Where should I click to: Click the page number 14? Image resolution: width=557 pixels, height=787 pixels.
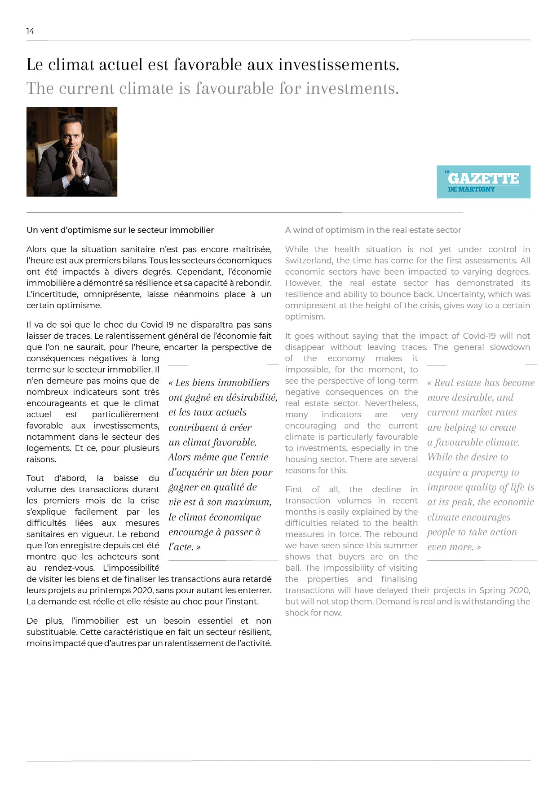30,31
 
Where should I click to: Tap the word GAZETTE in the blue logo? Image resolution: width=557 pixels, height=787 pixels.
483,178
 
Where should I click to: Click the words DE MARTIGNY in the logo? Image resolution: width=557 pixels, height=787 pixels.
471,189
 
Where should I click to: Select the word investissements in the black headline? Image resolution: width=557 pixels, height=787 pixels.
339,65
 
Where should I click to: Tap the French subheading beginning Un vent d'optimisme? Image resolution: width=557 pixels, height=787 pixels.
120,230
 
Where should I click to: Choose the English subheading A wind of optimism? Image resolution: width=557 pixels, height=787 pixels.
373,230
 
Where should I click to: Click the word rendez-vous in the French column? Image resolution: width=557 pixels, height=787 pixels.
69,568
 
